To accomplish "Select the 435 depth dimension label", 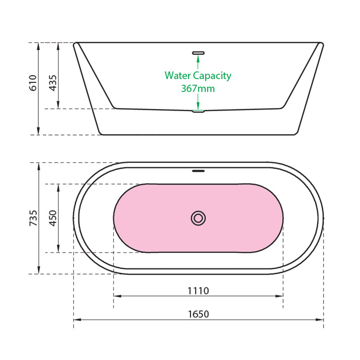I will coord(53,83).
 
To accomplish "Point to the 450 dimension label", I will coord(53,218).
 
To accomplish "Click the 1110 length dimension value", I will coord(198,291).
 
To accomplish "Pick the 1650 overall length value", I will coord(198,314).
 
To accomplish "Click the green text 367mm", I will coord(198,89).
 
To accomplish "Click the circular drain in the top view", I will coord(198,218).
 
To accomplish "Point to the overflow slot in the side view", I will coord(198,53).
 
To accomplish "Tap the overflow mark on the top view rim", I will coord(198,171).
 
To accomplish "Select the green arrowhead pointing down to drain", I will coord(198,106).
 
